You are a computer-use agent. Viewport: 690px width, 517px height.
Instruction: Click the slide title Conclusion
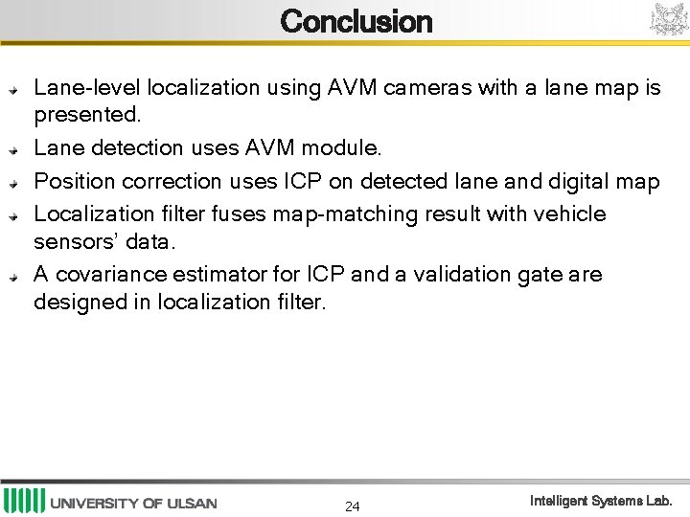pyautogui.click(x=356, y=21)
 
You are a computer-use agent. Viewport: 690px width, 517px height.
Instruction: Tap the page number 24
pyautogui.click(x=353, y=506)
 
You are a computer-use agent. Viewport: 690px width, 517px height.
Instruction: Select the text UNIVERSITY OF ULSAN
pyautogui.click(x=133, y=504)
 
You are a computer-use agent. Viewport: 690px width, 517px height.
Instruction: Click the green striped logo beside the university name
pyautogui.click(x=24, y=501)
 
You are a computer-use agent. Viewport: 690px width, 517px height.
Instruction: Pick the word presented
pyautogui.click(x=87, y=116)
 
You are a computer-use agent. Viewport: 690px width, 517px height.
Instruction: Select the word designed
pyautogui.click(x=73, y=303)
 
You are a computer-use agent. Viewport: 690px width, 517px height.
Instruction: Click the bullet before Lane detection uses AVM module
pyautogui.click(x=13, y=150)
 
